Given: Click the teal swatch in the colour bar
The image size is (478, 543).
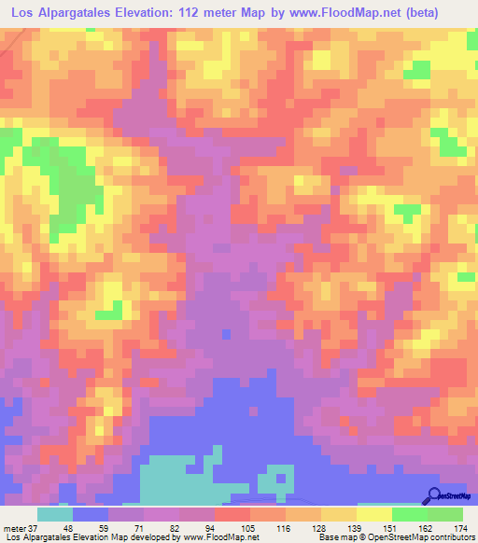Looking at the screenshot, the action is point(54,514).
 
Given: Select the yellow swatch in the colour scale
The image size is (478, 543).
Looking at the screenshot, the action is point(374,514).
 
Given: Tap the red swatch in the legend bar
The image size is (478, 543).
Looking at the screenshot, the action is point(232,514).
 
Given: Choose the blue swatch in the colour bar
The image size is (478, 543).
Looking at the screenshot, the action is point(90,514).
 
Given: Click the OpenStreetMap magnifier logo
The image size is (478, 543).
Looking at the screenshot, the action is point(434,495).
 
